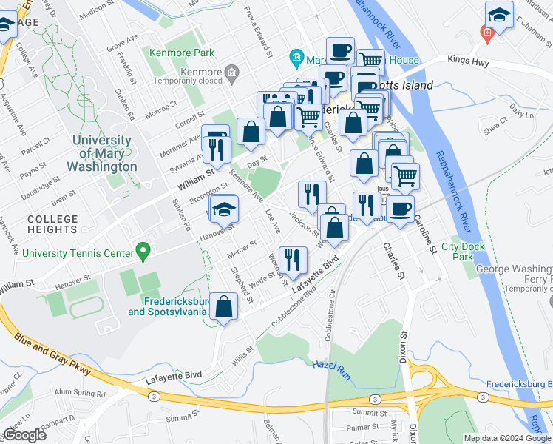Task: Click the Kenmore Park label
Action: (181, 53)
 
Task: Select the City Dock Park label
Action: (456, 252)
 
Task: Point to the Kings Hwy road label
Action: (468, 63)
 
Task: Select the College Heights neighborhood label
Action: (52, 224)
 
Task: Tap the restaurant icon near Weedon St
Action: (294, 260)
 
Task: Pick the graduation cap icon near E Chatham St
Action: (499, 16)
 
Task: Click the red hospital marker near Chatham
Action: (486, 33)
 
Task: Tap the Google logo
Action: (24, 435)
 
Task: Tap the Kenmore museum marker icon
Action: (232, 72)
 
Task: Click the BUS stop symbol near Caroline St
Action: (384, 189)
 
